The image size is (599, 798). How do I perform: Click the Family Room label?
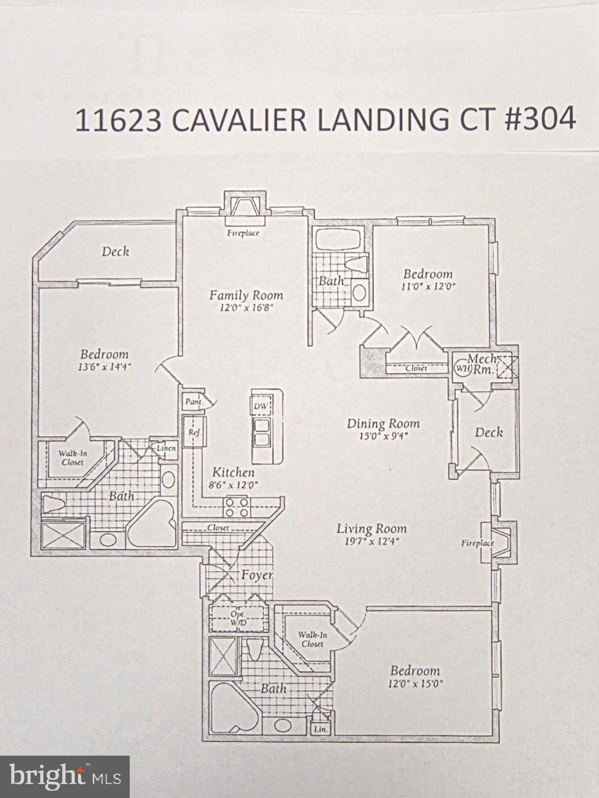pos(246,295)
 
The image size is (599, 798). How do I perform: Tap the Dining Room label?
pos(383,424)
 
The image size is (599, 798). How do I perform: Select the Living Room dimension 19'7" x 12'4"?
pos(371,541)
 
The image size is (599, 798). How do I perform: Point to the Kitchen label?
pos(233,472)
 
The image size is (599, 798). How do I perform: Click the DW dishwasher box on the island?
pos(260,406)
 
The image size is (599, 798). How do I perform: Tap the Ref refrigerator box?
pos(194,432)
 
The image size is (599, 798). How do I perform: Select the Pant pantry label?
pos(193,402)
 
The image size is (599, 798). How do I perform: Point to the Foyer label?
pos(257,575)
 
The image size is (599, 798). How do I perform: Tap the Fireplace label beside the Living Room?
pos(477,543)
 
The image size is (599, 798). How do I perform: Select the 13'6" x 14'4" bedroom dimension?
pos(104,366)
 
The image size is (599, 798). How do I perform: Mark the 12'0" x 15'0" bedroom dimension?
pos(415,684)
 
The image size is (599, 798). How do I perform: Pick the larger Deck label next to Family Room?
pos(115,251)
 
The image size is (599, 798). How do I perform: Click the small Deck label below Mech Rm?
pos(488,432)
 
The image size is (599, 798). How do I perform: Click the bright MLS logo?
pos(64,777)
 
